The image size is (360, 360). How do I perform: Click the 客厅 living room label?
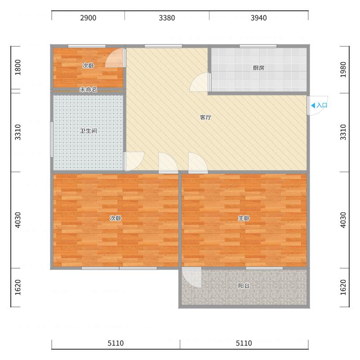(206, 117)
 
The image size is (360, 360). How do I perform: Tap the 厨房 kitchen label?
(258, 68)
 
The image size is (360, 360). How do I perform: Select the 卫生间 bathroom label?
(88, 131)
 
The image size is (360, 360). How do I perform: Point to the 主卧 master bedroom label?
(244, 218)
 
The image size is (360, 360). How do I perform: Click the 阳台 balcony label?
(244, 286)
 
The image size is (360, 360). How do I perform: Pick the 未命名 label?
(88, 90)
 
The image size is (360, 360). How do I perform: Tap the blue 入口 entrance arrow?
(313, 105)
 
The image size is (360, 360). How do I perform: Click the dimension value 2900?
(88, 18)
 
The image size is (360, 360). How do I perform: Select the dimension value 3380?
(167, 18)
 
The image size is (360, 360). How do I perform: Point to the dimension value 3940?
(259, 18)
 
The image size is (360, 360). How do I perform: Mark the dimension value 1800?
(18, 67)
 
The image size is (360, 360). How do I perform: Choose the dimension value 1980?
(343, 70)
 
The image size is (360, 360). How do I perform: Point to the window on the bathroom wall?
(52, 139)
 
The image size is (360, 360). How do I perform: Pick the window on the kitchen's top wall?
(258, 46)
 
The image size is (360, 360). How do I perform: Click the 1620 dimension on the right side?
(343, 288)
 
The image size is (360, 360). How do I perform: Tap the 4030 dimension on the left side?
(18, 220)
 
